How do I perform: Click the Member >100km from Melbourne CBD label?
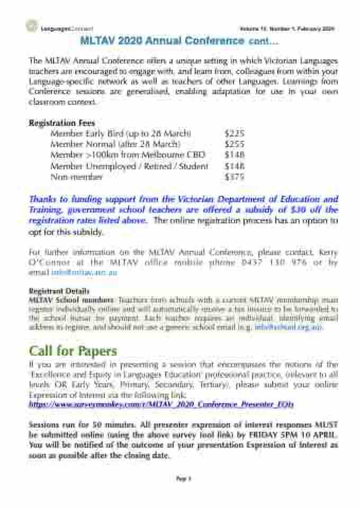click(x=127, y=155)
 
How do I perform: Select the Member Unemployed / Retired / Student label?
click(x=129, y=166)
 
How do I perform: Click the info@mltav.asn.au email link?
click(x=84, y=272)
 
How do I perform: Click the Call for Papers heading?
click(x=73, y=351)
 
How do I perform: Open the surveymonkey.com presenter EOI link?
click(x=161, y=404)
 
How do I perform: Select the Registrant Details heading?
click(x=59, y=291)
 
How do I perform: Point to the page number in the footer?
click(x=179, y=478)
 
